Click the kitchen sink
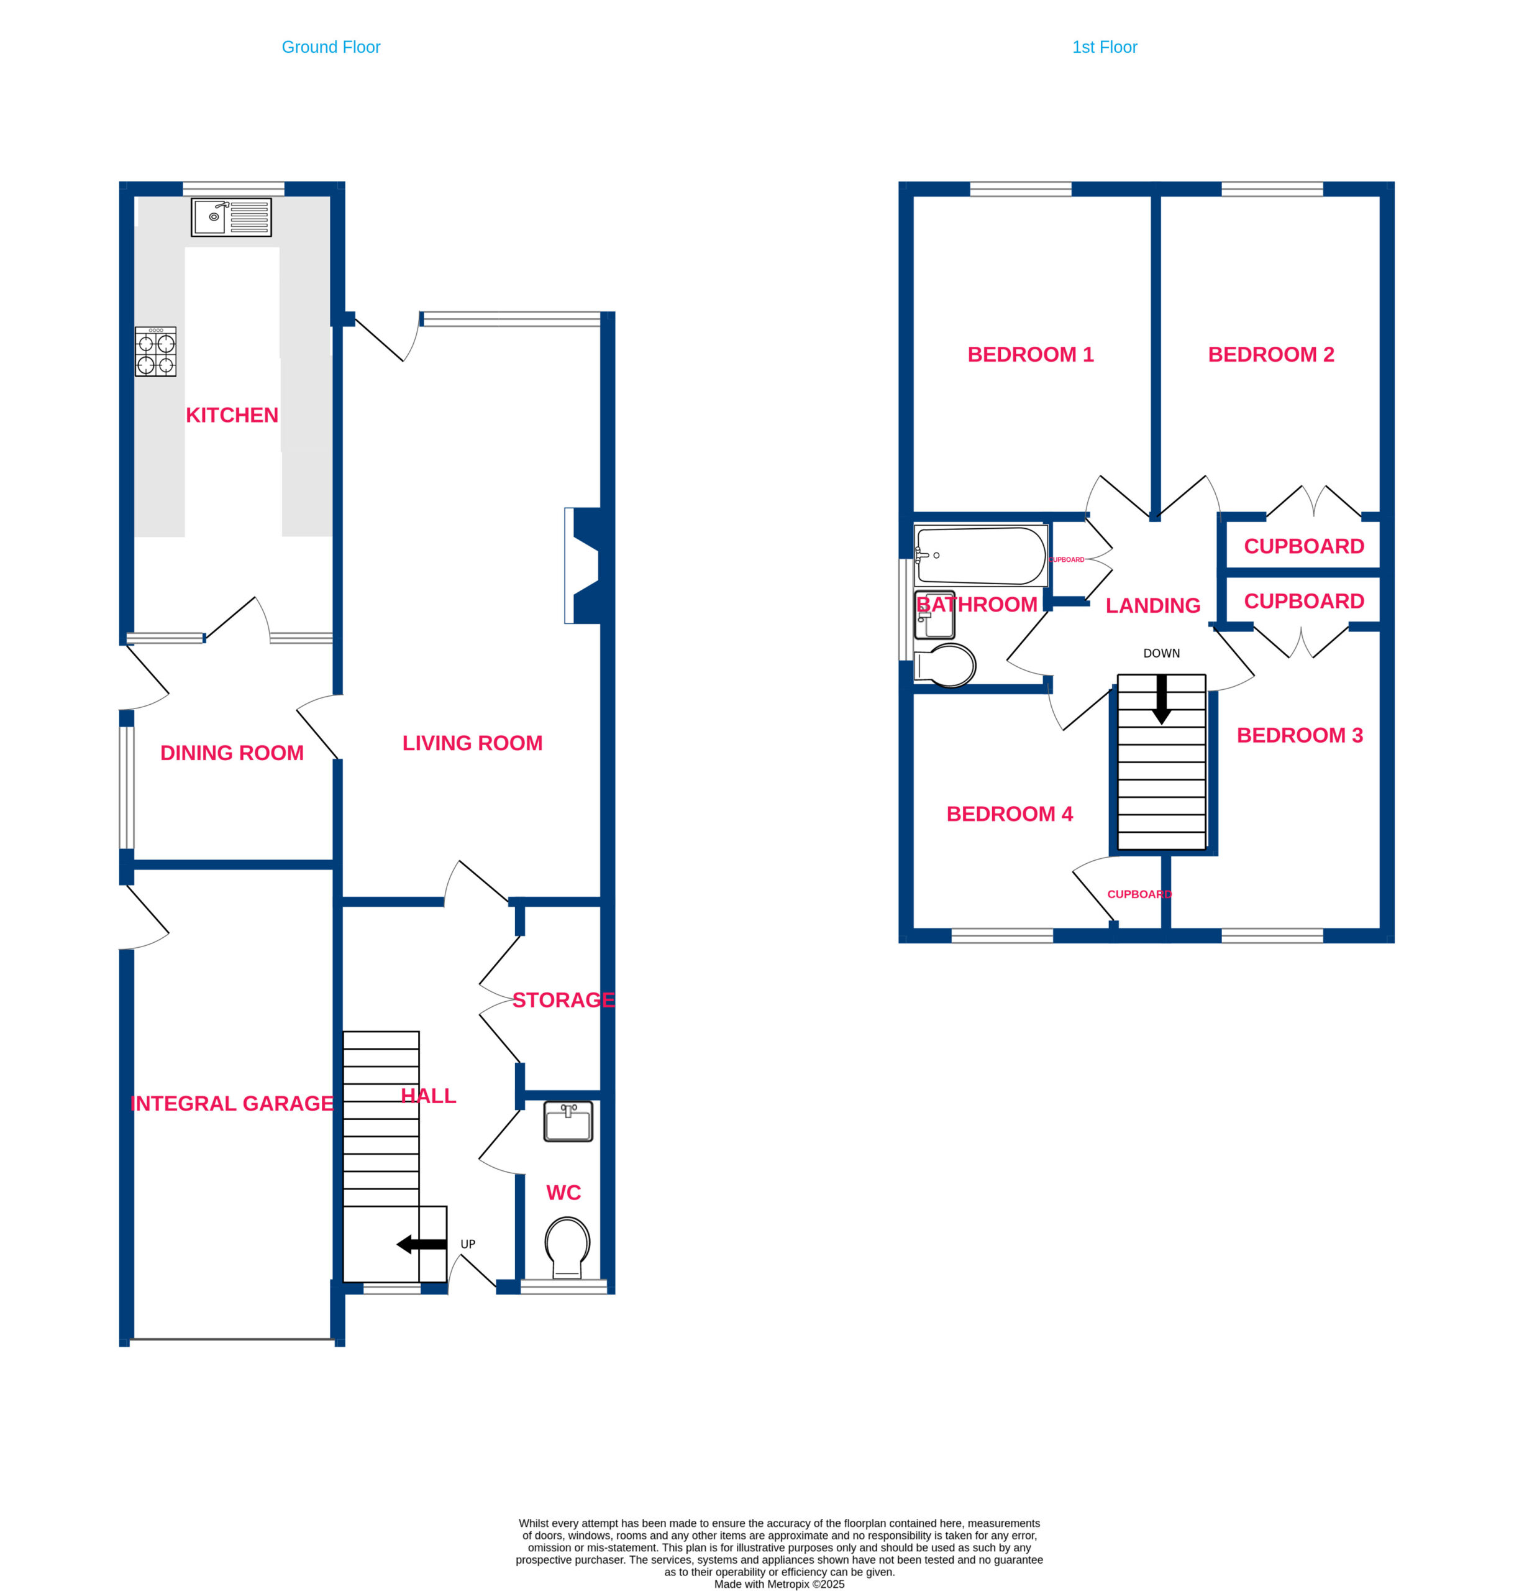[x=231, y=217]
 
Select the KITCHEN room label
[x=232, y=415]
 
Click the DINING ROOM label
[x=232, y=753]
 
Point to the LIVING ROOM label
[x=472, y=743]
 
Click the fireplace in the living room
[x=583, y=565]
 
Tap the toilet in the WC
[x=567, y=1247]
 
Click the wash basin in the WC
[x=568, y=1121]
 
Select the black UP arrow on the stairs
[x=421, y=1244]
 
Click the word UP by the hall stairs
[x=468, y=1244]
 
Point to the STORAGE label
[x=564, y=1000]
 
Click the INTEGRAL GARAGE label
[x=232, y=1104]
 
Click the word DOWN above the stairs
[x=1161, y=653]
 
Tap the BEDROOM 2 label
[x=1271, y=354]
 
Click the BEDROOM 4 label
[x=1010, y=814]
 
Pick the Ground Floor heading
[x=331, y=47]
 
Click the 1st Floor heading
[x=1105, y=47]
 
